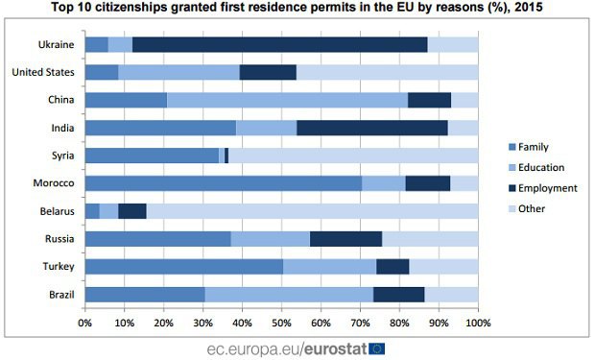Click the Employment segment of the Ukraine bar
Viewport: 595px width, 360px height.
(x=280, y=45)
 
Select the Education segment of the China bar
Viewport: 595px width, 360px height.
(x=288, y=100)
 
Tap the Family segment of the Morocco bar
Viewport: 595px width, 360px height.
(x=224, y=183)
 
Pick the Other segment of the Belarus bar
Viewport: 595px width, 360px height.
(x=312, y=211)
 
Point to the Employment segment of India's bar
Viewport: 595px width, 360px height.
(x=372, y=128)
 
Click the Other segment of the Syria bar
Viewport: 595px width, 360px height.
(x=353, y=156)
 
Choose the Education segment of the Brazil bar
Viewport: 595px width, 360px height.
(x=289, y=295)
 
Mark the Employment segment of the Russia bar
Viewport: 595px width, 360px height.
(x=346, y=239)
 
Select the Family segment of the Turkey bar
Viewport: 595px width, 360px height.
(x=184, y=267)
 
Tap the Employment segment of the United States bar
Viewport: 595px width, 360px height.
(x=268, y=72)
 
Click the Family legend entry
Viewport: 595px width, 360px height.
(x=529, y=147)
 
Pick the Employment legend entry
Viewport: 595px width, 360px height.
(x=543, y=188)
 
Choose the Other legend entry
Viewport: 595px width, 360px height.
(x=527, y=208)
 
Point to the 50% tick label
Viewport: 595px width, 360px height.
(x=281, y=324)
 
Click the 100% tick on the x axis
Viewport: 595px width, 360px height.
(x=478, y=324)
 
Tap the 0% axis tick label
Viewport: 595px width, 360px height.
(x=85, y=324)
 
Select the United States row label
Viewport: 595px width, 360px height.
(x=43, y=72)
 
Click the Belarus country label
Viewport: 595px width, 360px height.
(x=58, y=211)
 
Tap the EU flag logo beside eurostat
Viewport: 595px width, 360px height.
(x=376, y=348)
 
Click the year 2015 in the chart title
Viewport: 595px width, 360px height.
(x=528, y=7)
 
